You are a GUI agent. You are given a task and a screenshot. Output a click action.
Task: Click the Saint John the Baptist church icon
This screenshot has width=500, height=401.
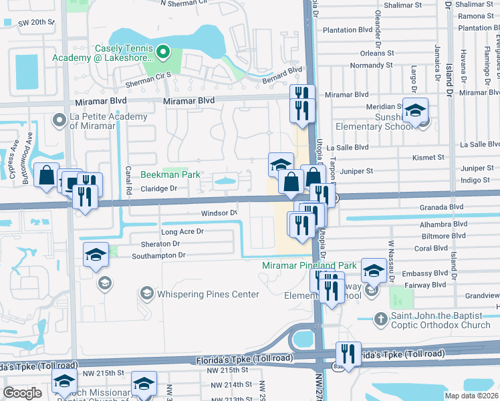coord(380,318)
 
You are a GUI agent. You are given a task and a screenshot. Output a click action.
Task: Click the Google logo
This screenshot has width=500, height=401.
coord(22,393)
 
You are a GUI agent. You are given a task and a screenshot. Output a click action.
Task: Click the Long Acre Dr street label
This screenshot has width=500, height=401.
coord(182,231)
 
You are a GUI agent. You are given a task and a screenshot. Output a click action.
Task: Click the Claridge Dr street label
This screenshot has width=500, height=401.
coord(158,188)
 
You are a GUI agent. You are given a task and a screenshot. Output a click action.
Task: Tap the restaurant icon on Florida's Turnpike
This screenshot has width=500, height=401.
coord(348,353)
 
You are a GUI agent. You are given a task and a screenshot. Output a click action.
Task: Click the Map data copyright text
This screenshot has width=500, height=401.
coord(471,396)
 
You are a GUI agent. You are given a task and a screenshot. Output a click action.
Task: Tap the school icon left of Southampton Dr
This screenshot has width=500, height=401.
coord(96,254)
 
